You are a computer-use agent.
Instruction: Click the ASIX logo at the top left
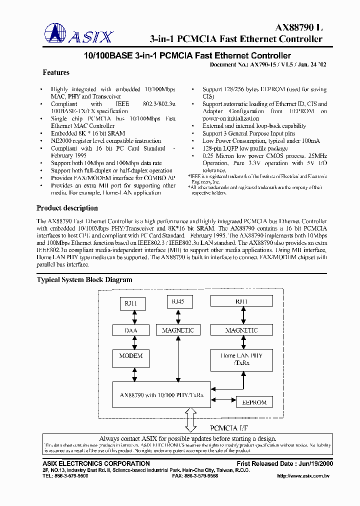tap(79, 34)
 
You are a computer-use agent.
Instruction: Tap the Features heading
tap(56, 73)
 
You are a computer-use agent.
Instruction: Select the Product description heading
tap(67, 208)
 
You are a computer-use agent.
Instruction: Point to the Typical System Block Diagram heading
tap(84, 280)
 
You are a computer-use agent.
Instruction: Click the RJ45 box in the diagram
tap(178, 301)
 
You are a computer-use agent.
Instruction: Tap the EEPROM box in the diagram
tap(254, 402)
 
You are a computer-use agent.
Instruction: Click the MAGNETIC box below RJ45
tap(178, 330)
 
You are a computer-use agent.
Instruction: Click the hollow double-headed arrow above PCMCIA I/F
tap(190, 419)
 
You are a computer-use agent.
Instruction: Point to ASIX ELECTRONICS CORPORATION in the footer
tap(93, 463)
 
